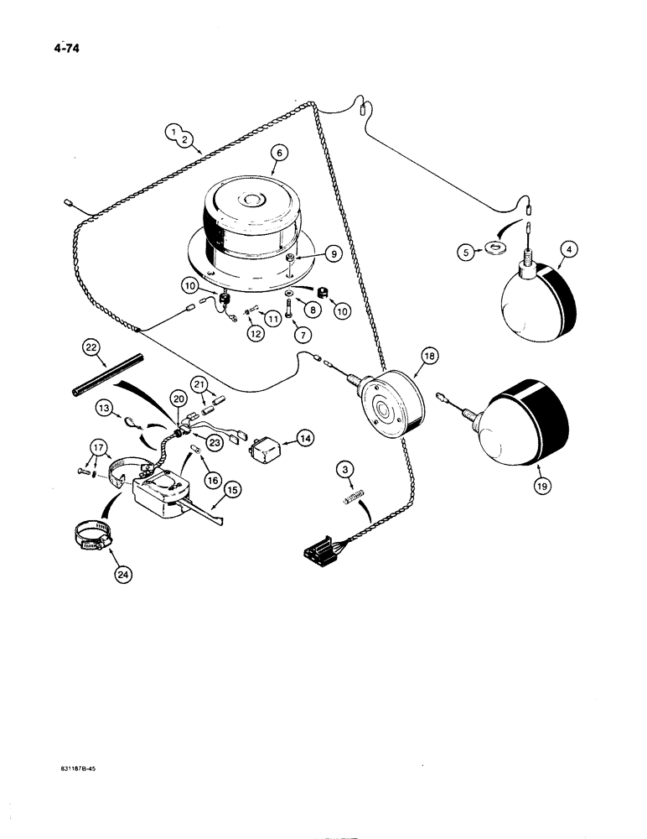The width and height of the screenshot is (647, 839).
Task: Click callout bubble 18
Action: pyautogui.click(x=428, y=356)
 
